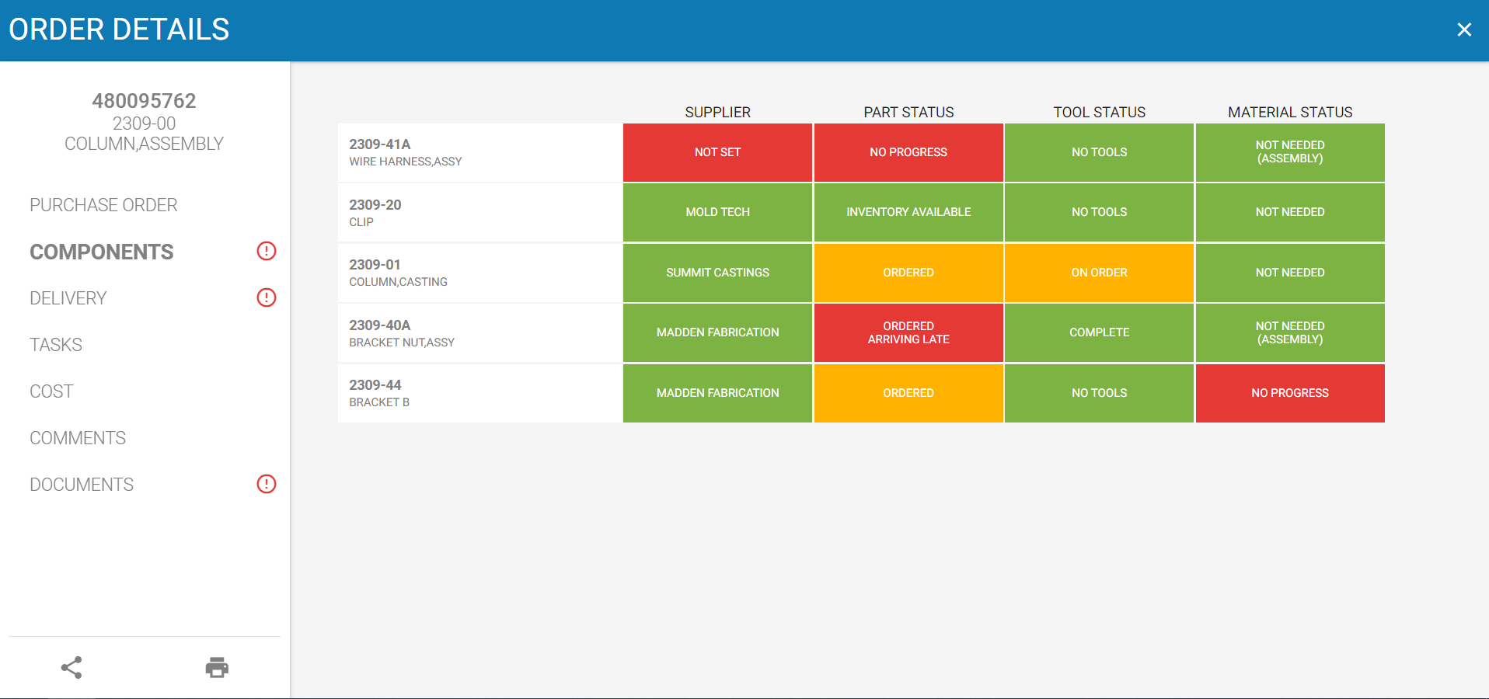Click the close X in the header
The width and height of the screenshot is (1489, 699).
(1464, 30)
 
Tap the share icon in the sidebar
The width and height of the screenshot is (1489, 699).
(71, 667)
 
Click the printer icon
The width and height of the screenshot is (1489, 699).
(217, 667)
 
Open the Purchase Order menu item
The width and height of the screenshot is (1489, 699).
(103, 205)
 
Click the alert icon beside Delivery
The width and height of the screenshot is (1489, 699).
(267, 297)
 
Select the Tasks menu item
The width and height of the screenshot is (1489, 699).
(56, 345)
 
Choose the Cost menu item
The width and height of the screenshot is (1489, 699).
(51, 391)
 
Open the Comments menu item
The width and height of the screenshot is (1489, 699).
(78, 438)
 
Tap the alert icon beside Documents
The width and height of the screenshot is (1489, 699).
(267, 484)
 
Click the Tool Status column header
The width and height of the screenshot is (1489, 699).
(1099, 112)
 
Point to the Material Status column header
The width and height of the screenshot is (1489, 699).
(1290, 112)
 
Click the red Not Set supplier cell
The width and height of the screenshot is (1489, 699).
(717, 152)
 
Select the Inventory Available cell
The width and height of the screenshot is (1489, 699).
(908, 212)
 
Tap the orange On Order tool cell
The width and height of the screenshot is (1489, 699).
(1099, 273)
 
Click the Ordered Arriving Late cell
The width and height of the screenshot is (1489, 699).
(908, 332)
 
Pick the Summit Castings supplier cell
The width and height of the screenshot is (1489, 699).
(717, 273)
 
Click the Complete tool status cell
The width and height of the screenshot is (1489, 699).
(1099, 332)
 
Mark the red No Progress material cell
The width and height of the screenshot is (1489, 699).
(1290, 393)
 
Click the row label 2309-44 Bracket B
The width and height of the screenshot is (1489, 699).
(379, 393)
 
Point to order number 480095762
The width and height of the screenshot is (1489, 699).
(144, 101)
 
